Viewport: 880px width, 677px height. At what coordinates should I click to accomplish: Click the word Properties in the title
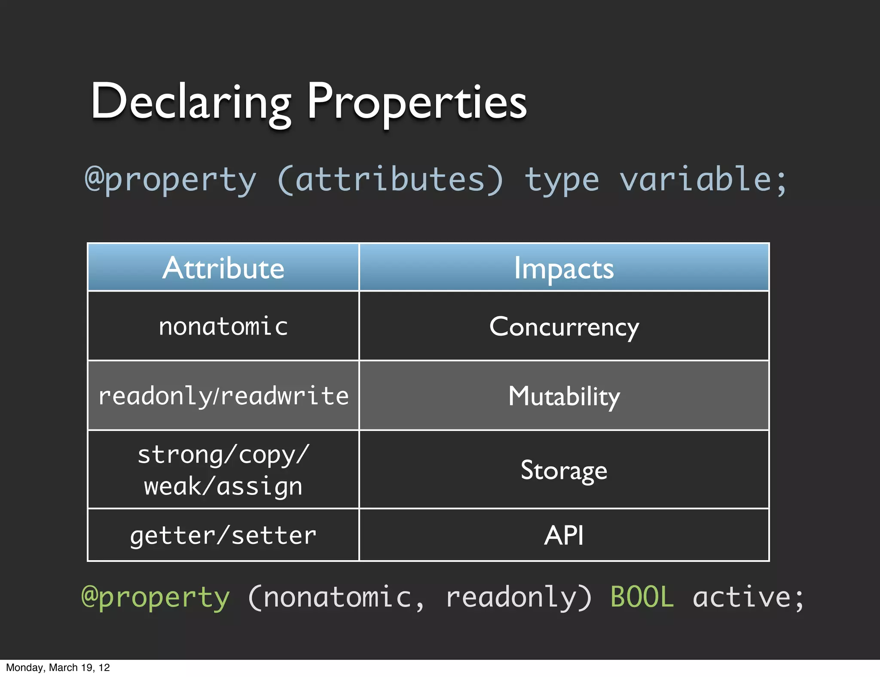pyautogui.click(x=417, y=102)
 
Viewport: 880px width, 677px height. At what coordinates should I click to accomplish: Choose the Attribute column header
pyautogui.click(x=223, y=268)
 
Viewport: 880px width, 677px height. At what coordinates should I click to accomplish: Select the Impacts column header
pyautogui.click(x=564, y=268)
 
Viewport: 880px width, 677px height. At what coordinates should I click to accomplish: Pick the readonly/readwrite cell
pyautogui.click(x=223, y=396)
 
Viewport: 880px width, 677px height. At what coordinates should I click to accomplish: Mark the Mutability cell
pyautogui.click(x=564, y=396)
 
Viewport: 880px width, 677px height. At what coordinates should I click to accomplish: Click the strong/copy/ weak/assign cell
pyautogui.click(x=223, y=470)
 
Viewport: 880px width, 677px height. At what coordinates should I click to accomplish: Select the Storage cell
pyautogui.click(x=564, y=470)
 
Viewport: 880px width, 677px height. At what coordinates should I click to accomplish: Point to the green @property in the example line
pyautogui.click(x=156, y=597)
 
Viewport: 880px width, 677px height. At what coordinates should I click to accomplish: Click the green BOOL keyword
pyautogui.click(x=642, y=597)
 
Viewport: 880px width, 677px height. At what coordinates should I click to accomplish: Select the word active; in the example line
pyautogui.click(x=748, y=597)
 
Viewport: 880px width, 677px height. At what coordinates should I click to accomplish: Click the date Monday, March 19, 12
pyautogui.click(x=58, y=668)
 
